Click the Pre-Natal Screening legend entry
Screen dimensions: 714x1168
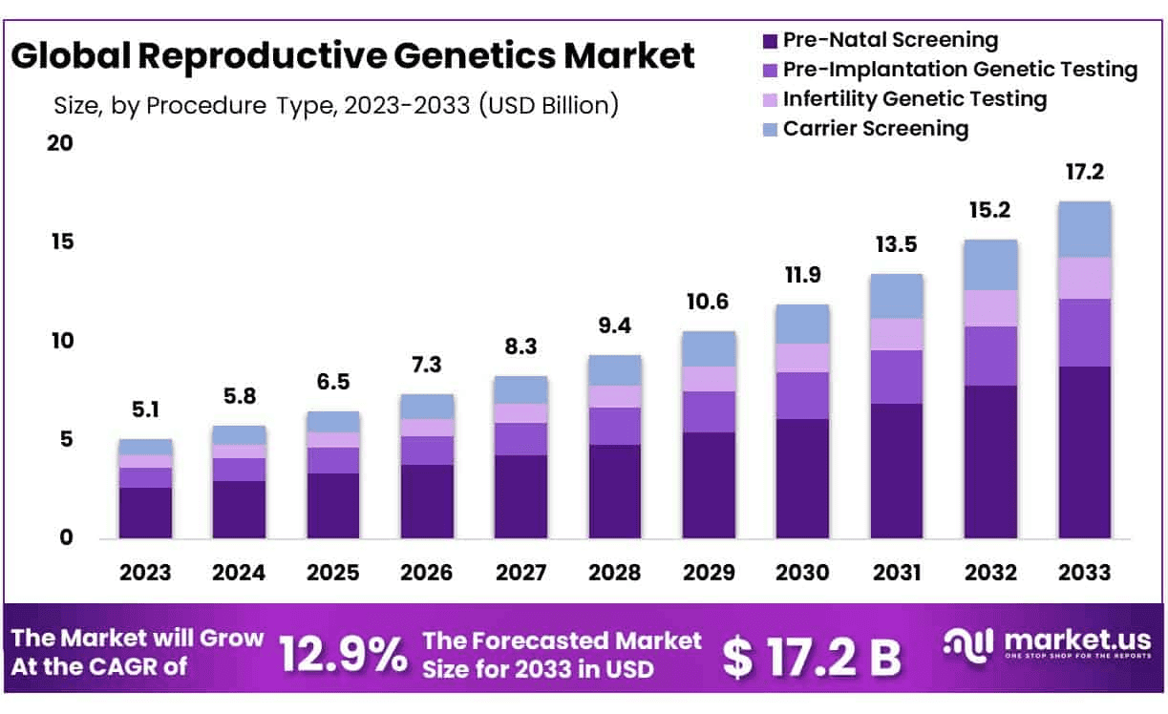tap(889, 40)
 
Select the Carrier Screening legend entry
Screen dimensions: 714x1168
tap(875, 128)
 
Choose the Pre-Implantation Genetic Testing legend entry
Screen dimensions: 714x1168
tap(959, 69)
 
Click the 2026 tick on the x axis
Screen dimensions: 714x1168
tap(427, 572)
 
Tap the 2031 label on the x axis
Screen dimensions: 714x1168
tap(897, 572)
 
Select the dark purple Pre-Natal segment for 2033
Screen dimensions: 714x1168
tap(1084, 452)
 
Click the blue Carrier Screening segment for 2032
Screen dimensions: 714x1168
tap(990, 264)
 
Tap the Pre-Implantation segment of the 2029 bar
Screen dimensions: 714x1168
tap(709, 411)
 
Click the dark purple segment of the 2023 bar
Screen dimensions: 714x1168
tap(145, 513)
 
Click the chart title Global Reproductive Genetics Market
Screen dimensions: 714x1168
tap(352, 56)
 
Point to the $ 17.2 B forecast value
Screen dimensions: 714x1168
tap(811, 656)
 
